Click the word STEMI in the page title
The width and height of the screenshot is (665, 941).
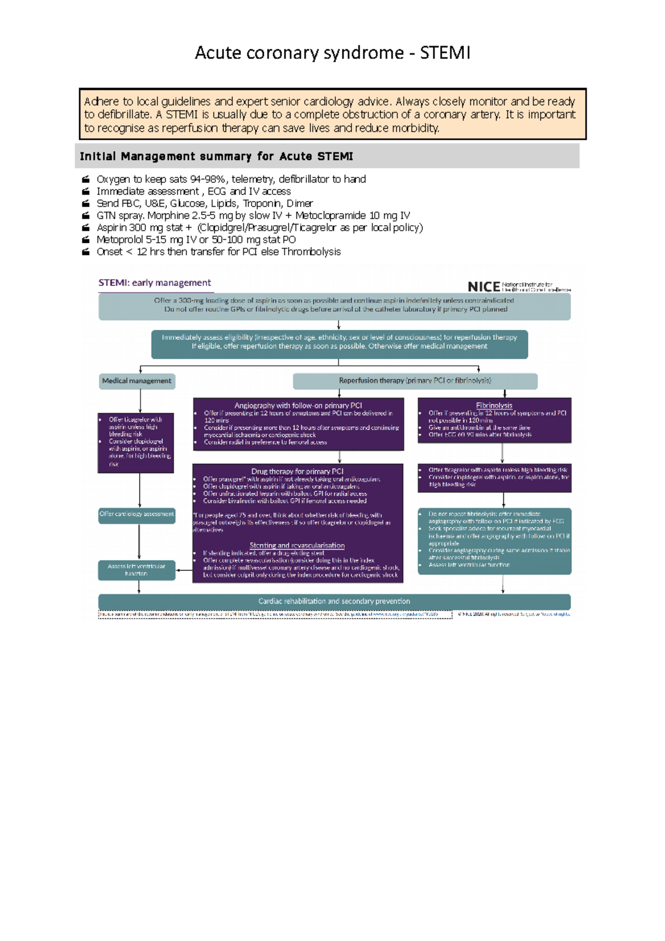click(445, 53)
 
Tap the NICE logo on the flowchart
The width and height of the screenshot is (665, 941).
click(484, 287)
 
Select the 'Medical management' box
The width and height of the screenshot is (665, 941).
click(137, 381)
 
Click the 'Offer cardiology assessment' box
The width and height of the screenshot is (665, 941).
click(137, 514)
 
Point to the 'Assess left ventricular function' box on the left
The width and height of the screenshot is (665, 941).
click(136, 570)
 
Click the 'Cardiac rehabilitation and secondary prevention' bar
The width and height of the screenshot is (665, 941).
click(334, 601)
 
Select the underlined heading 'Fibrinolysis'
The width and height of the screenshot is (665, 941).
click(494, 406)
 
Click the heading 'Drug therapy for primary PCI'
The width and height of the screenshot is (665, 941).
click(298, 472)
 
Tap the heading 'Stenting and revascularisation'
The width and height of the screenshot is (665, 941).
click(297, 545)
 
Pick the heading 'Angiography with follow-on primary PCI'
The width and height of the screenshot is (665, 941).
click(298, 406)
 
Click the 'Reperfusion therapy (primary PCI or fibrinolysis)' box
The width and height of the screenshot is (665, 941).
click(415, 381)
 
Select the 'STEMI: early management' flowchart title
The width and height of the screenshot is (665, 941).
click(155, 283)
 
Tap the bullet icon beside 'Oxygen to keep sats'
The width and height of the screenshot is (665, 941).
click(86, 180)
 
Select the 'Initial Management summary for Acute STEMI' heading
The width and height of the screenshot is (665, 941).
click(216, 156)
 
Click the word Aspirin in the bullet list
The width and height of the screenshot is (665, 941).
click(112, 227)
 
